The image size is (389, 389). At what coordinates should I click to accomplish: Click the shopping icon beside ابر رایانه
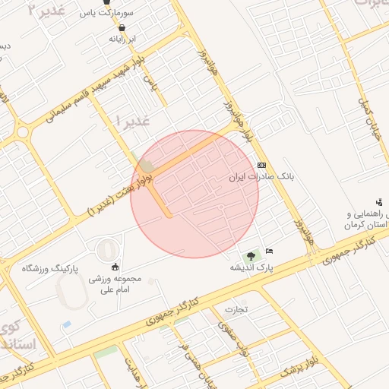click(x=122, y=28)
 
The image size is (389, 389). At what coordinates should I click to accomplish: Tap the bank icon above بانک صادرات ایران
click(x=261, y=165)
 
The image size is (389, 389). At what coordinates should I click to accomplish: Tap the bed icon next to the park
click(x=270, y=251)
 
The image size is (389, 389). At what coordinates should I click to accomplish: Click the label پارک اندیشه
click(x=252, y=268)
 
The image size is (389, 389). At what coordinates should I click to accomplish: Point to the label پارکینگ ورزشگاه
click(x=52, y=268)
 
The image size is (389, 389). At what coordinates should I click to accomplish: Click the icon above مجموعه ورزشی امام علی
click(x=115, y=266)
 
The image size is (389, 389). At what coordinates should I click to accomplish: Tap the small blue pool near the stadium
click(x=67, y=324)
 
